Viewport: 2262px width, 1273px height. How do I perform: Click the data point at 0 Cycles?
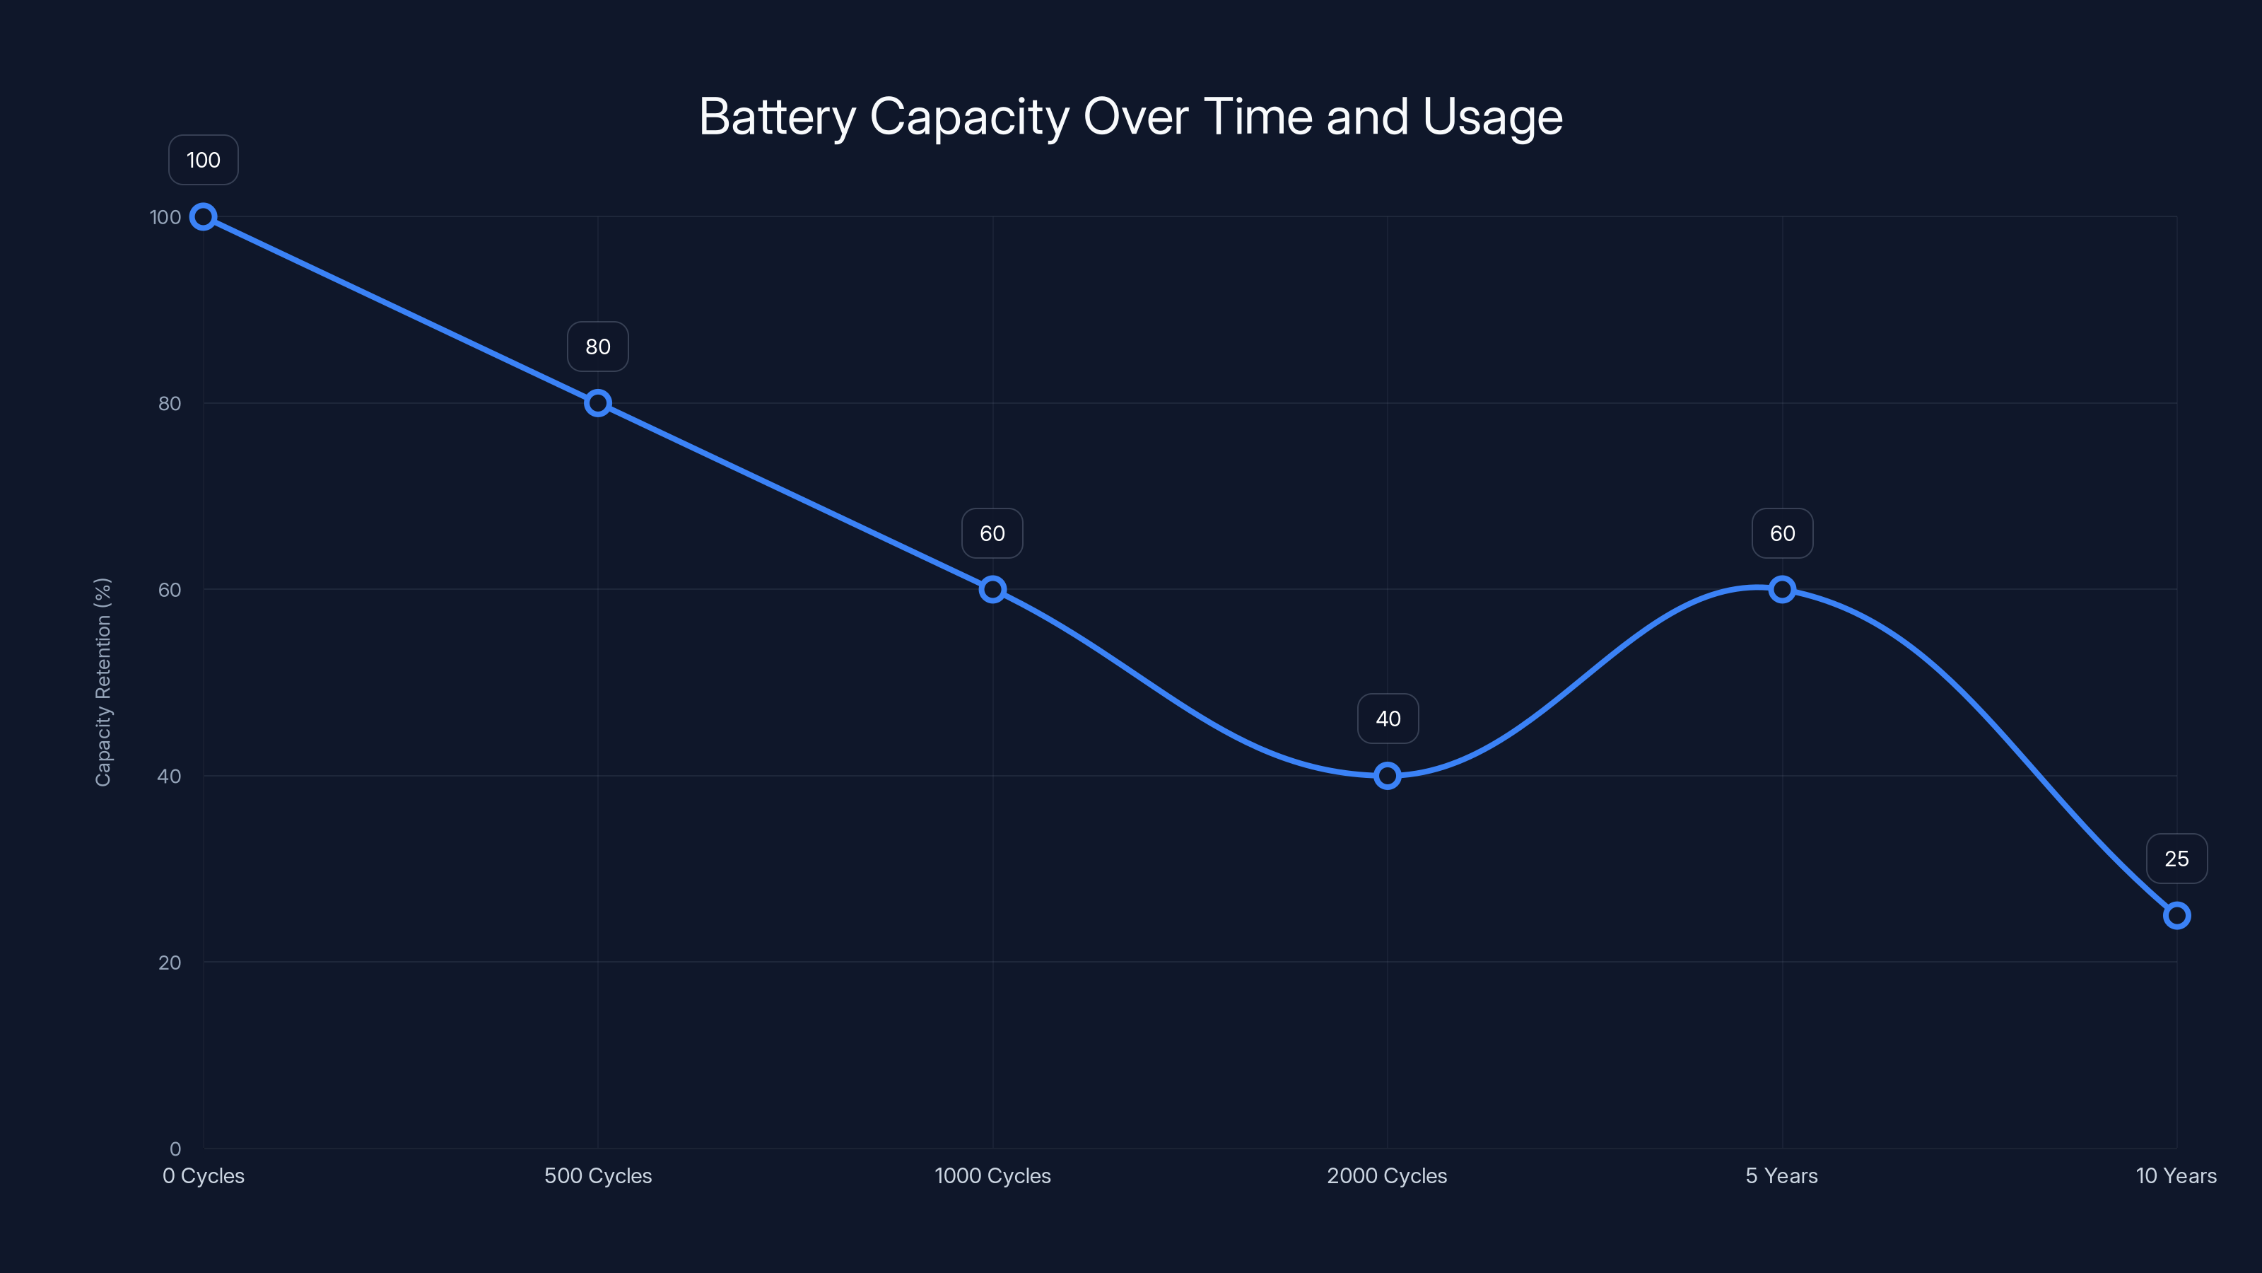point(203,217)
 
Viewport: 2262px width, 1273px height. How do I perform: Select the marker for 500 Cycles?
point(598,403)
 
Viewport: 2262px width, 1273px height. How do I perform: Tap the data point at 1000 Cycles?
point(992,590)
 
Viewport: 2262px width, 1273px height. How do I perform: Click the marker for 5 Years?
point(1781,590)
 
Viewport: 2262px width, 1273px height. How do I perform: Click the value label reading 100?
point(203,160)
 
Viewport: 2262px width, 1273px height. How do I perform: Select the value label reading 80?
point(598,347)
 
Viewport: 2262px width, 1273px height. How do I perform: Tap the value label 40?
point(1388,719)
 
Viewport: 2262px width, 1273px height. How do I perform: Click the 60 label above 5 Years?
point(1781,533)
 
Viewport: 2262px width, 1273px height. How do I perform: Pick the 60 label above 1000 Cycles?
point(992,533)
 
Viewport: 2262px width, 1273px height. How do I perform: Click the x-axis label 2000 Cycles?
point(1386,1175)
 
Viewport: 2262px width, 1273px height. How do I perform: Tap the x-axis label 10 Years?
point(2175,1175)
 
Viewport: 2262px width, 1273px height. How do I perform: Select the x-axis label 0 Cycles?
point(203,1175)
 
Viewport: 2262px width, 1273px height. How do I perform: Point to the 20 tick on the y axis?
point(170,963)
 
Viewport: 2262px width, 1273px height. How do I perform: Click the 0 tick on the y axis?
point(175,1149)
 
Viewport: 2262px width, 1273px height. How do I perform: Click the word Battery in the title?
point(776,117)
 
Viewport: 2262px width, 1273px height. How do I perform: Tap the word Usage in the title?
point(1492,117)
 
